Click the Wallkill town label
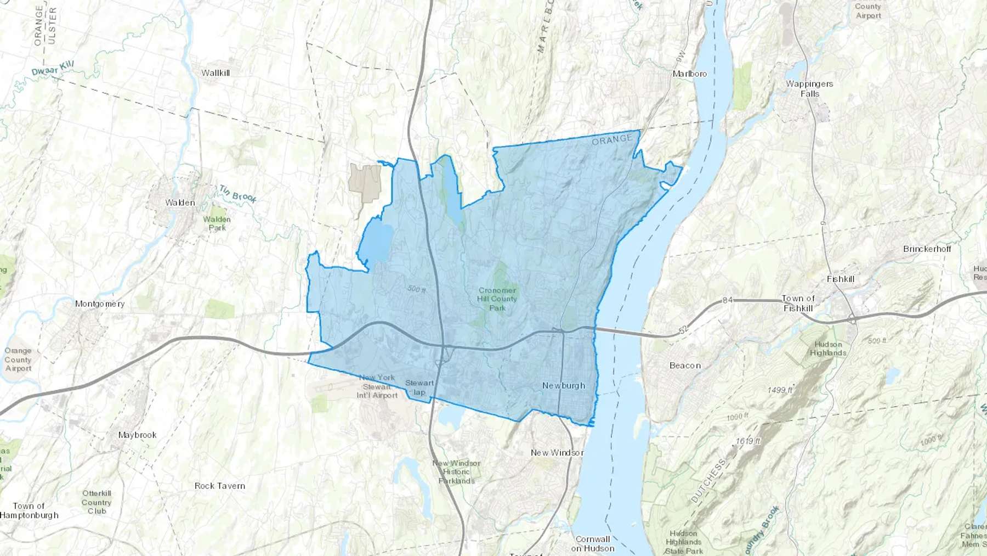215,73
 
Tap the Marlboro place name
690,74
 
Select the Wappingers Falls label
809,89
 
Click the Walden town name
180,203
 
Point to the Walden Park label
217,223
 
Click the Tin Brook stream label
239,194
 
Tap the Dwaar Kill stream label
53,69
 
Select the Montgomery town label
100,304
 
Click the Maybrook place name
138,435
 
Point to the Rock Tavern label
220,486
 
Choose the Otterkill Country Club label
97,502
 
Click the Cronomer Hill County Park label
497,299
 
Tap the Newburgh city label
564,385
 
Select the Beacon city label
685,366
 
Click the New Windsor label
557,452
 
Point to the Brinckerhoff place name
927,249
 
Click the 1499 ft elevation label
780,390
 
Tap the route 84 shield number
728,300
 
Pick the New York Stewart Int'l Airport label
377,386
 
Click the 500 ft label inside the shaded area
417,289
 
